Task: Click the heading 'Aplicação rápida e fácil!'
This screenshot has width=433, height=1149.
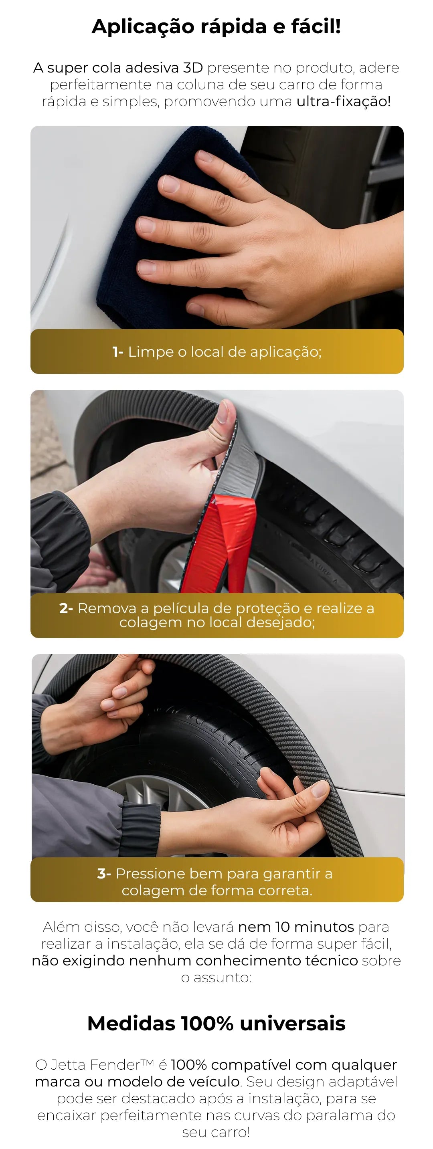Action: (x=216, y=27)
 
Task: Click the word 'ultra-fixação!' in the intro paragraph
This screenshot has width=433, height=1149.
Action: (x=343, y=101)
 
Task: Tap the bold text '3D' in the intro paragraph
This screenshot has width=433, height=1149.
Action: (x=193, y=68)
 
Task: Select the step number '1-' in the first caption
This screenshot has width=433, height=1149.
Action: (x=118, y=352)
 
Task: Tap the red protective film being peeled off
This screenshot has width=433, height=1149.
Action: (x=232, y=542)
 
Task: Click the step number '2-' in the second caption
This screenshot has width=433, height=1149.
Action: (x=66, y=608)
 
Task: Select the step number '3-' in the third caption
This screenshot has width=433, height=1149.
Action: (x=103, y=873)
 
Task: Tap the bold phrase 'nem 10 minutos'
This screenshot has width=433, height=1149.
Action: (x=296, y=927)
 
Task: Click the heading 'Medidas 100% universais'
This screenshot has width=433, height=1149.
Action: (x=216, y=1023)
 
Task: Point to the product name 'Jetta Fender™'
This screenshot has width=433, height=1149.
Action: (x=102, y=1065)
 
